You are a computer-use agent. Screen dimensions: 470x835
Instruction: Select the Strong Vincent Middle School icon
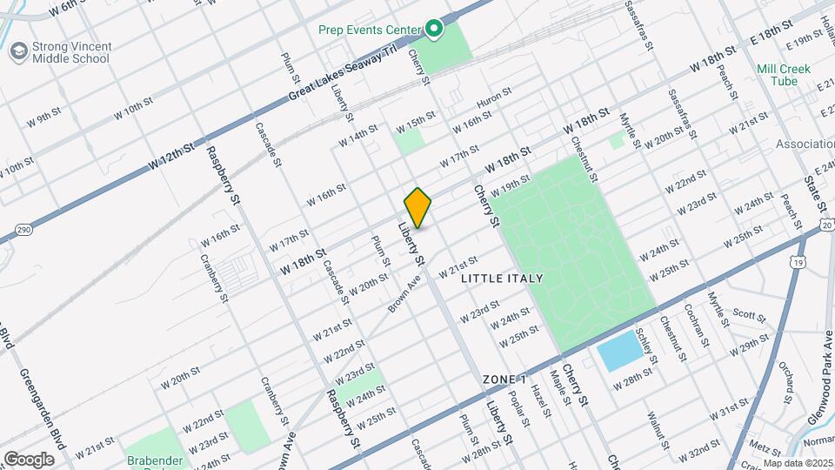click(17, 51)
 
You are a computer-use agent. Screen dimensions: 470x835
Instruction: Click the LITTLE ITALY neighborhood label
click(502, 279)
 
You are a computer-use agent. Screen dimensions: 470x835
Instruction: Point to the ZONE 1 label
click(505, 380)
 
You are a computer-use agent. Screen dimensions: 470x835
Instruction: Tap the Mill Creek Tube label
click(783, 75)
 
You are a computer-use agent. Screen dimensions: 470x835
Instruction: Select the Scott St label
click(747, 313)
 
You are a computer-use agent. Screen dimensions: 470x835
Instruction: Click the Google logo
click(29, 459)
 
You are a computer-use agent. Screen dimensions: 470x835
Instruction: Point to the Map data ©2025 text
click(798, 463)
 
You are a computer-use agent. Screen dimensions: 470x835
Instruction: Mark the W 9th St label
click(43, 117)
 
